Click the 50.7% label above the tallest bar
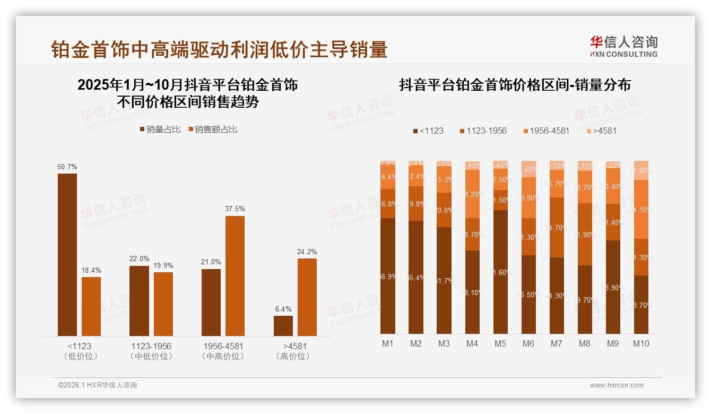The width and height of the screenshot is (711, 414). [67, 167]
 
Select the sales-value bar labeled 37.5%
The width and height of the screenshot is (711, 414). [235, 275]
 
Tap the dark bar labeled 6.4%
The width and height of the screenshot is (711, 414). [283, 325]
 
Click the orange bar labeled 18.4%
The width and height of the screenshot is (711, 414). [91, 306]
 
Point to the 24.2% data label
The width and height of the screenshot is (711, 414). [307, 252]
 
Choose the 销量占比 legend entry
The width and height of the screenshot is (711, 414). [160, 129]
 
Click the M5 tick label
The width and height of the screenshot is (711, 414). [500, 343]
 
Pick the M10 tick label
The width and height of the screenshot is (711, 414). [641, 343]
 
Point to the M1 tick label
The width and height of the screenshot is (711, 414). [388, 343]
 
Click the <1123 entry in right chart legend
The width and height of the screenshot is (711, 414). [428, 131]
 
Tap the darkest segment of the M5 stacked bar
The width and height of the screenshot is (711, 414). [500, 271]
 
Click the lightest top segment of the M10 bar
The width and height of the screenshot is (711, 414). [641, 170]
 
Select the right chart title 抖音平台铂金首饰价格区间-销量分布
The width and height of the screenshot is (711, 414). [515, 85]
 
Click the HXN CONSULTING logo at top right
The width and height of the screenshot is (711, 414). [623, 47]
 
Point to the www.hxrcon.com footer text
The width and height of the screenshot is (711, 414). [617, 385]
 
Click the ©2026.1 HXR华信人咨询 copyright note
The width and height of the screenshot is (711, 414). [98, 385]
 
